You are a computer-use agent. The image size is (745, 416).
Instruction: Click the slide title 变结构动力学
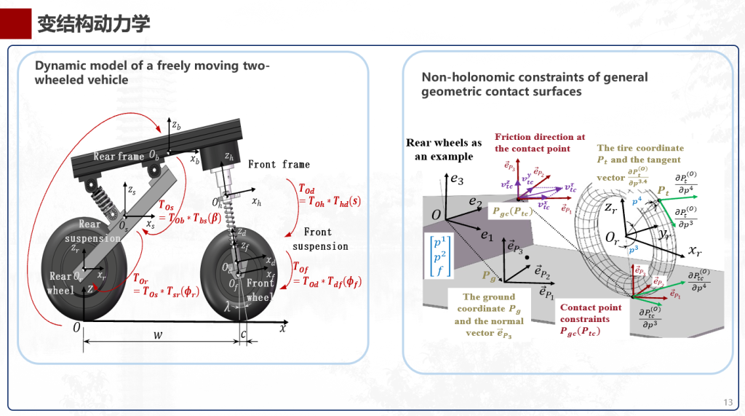tap(93, 24)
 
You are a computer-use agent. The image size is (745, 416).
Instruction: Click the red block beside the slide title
tap(15, 24)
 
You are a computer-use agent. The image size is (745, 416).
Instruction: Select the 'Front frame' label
tap(279, 165)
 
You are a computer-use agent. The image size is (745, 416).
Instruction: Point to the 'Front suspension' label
tap(319, 239)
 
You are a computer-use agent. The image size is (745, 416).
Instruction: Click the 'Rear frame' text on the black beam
tap(119, 157)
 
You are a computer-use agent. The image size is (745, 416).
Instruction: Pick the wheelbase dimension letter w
tap(157, 336)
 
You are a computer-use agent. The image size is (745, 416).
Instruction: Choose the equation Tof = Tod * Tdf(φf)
tap(327, 275)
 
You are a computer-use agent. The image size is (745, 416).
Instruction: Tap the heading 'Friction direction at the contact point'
tap(540, 142)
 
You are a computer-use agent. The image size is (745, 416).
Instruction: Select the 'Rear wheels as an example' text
tap(443, 149)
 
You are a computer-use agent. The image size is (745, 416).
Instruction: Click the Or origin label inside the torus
tap(613, 238)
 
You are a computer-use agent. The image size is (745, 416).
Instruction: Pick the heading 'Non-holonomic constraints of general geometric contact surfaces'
tap(534, 84)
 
